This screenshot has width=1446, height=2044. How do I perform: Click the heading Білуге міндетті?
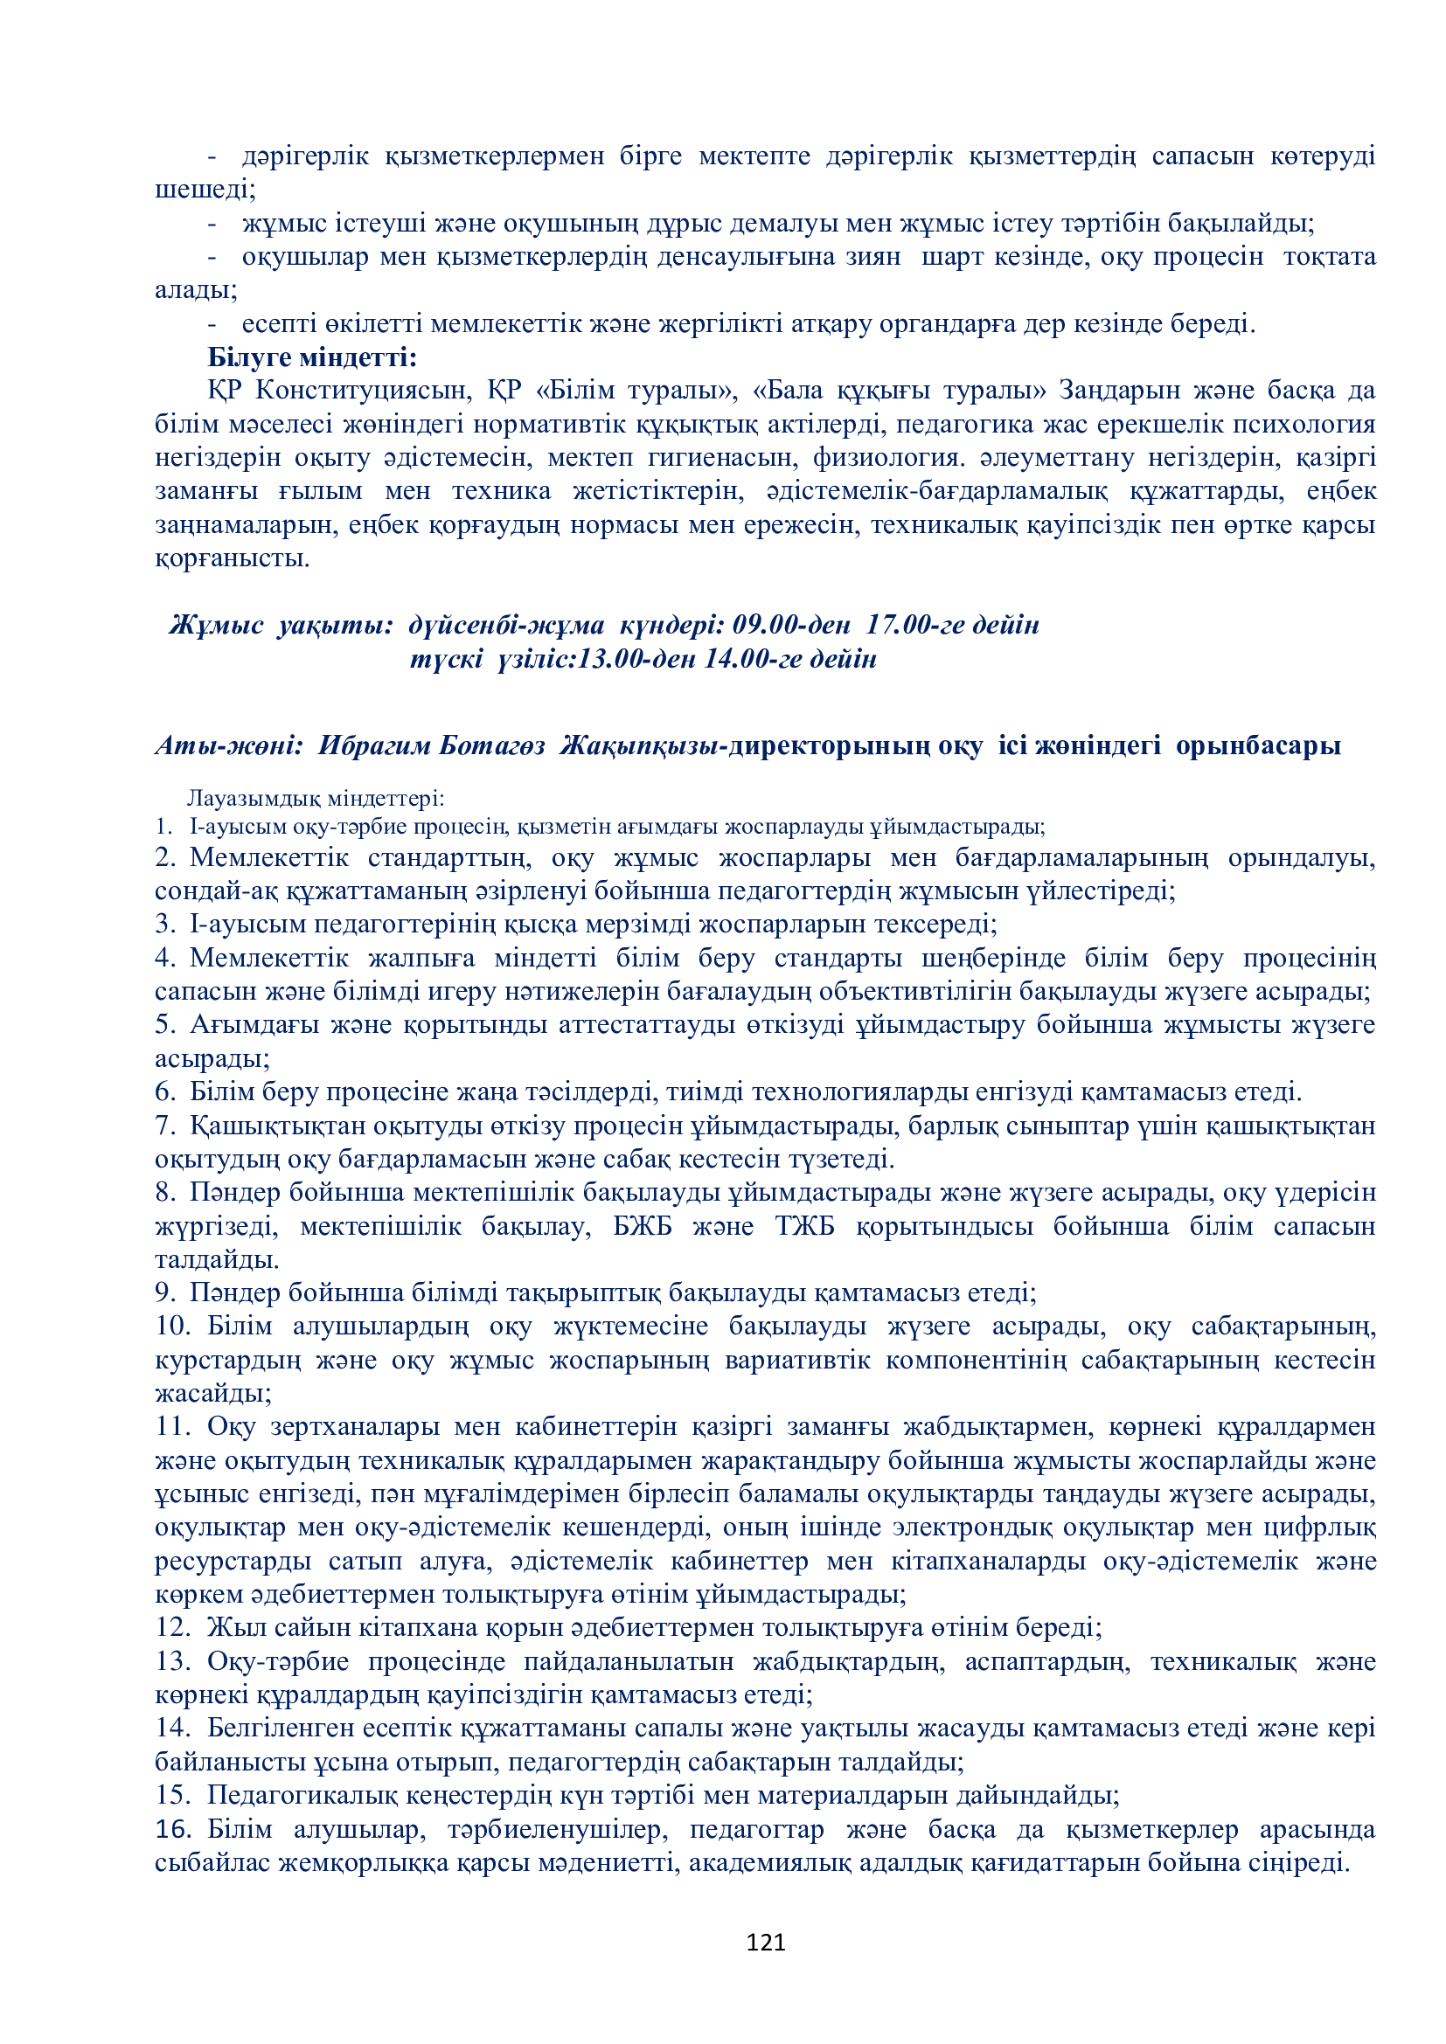click(311, 357)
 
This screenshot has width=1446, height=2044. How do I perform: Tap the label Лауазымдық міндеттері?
click(316, 798)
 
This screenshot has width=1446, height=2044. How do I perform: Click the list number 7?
click(163, 1126)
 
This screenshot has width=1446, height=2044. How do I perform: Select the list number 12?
click(171, 1627)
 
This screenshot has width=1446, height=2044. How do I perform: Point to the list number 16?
click(173, 1829)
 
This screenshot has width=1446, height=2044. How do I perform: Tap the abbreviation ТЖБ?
click(804, 1226)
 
